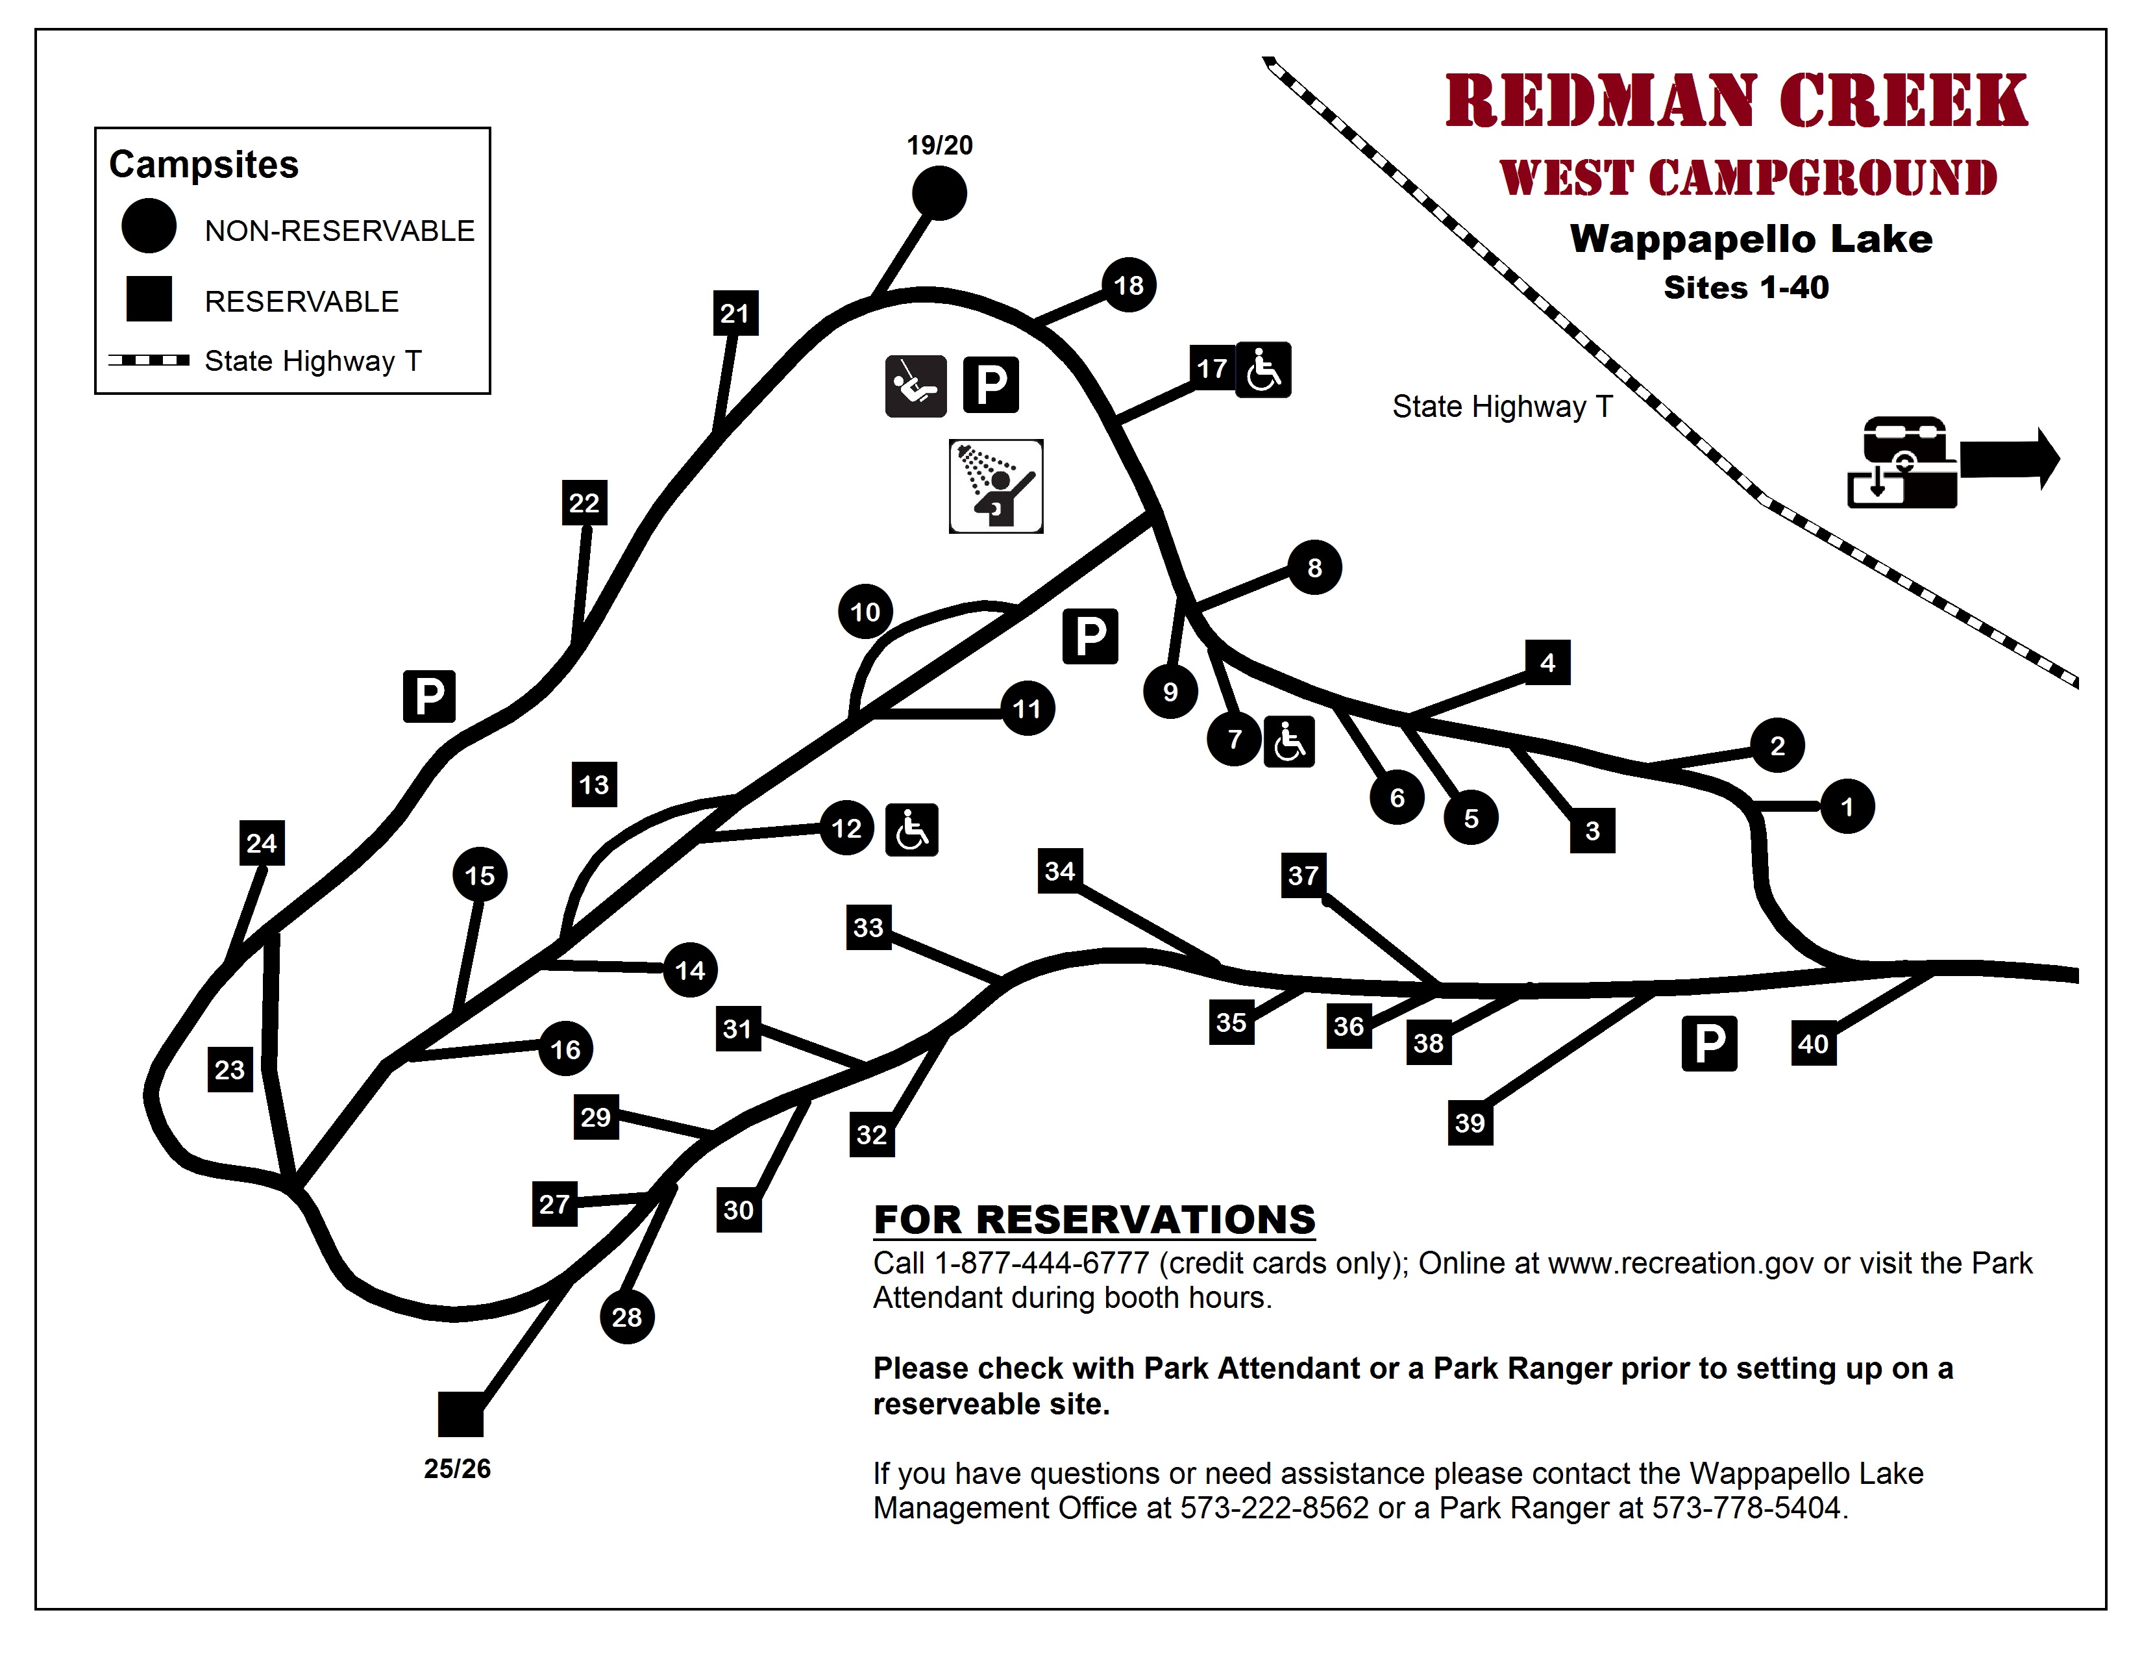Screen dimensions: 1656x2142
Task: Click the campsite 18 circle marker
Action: [1128, 286]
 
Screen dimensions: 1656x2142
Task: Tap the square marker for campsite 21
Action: [735, 313]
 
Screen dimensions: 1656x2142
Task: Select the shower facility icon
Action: [996, 486]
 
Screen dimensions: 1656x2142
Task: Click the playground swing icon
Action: [915, 386]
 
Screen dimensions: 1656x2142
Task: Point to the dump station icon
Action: [1902, 462]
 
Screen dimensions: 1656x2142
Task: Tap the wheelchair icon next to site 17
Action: [1263, 370]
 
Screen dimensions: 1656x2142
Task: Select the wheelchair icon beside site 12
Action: [911, 830]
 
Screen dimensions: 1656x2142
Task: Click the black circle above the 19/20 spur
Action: [939, 194]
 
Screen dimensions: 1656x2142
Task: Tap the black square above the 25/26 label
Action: [460, 1414]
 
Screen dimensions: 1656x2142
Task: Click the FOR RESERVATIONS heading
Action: [1094, 1220]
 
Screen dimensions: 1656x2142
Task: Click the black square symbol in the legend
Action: [149, 299]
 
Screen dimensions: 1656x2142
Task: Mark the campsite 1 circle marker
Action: [1847, 807]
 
